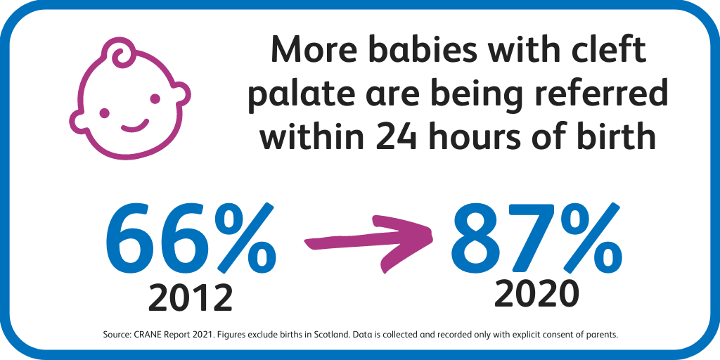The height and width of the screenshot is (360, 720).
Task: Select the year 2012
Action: point(190,297)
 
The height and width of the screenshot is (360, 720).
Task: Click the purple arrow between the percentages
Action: point(367,243)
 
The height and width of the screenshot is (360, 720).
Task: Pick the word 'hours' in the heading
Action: point(479,136)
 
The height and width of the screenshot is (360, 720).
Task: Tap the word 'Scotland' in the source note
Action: point(331,335)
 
